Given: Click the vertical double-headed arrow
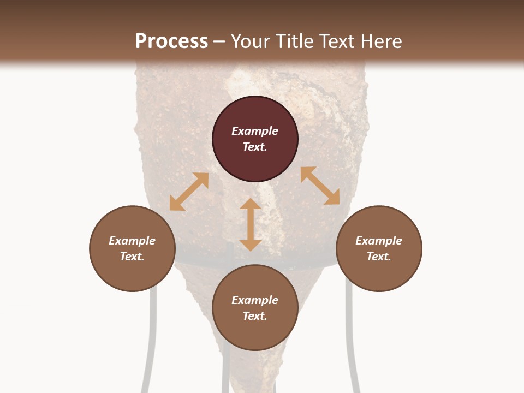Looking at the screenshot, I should (x=251, y=224).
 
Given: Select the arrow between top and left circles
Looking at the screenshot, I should (x=189, y=192).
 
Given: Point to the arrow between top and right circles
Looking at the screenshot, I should (x=320, y=186).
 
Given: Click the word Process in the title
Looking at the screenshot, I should (x=171, y=41).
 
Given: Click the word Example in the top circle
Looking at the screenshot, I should (x=255, y=131).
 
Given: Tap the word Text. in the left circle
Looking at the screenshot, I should (x=132, y=257).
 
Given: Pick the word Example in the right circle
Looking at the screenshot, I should (x=379, y=241).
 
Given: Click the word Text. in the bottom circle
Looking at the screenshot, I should (x=255, y=316).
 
